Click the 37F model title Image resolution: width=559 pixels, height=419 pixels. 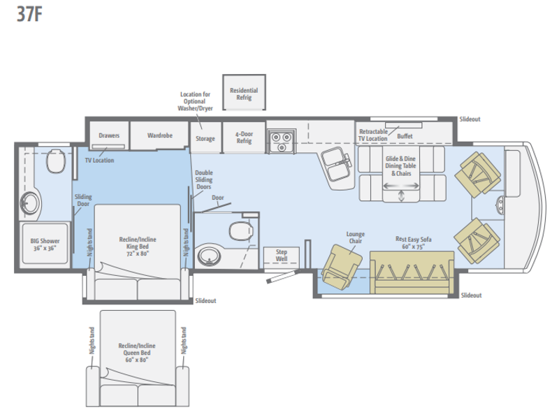[29, 14]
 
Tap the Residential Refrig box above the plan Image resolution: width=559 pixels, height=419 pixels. [244, 92]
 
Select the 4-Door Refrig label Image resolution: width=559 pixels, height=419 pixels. [244, 137]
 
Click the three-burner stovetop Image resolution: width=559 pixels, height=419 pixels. [282, 141]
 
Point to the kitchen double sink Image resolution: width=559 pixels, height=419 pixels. [337, 163]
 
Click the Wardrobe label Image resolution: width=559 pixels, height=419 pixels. [160, 135]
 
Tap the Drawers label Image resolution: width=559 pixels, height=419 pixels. [109, 135]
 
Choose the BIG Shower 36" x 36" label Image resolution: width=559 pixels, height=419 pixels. [45, 244]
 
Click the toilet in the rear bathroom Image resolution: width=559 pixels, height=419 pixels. [56, 161]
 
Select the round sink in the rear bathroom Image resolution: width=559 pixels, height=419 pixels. [29, 203]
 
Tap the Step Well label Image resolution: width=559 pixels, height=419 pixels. [282, 256]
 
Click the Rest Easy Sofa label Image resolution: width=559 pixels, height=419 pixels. [414, 242]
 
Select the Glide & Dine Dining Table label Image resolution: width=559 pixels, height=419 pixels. [400, 166]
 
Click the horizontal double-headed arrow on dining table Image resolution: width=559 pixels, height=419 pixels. [401, 186]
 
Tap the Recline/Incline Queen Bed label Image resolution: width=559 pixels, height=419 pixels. [137, 353]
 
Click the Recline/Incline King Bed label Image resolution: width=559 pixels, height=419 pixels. [138, 247]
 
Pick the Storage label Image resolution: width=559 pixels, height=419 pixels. [205, 138]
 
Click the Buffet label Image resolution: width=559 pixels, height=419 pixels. [405, 136]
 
